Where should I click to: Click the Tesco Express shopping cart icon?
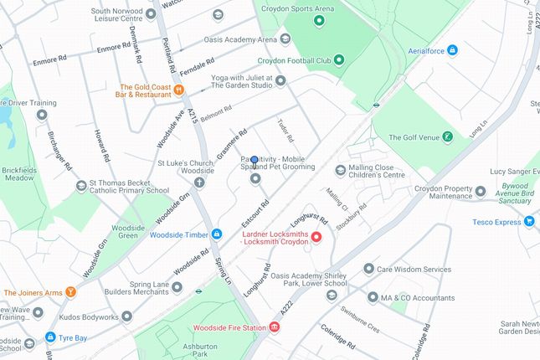click(529, 221)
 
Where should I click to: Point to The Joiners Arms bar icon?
click(71, 292)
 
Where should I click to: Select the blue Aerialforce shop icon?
click(452, 50)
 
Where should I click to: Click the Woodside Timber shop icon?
click(216, 234)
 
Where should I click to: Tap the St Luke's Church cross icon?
click(199, 182)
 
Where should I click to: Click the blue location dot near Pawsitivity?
click(255, 160)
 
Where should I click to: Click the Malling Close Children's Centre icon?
click(340, 171)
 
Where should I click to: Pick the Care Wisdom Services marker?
click(368, 269)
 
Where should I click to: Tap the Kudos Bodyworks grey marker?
click(126, 316)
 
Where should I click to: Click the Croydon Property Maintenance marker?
click(481, 191)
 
